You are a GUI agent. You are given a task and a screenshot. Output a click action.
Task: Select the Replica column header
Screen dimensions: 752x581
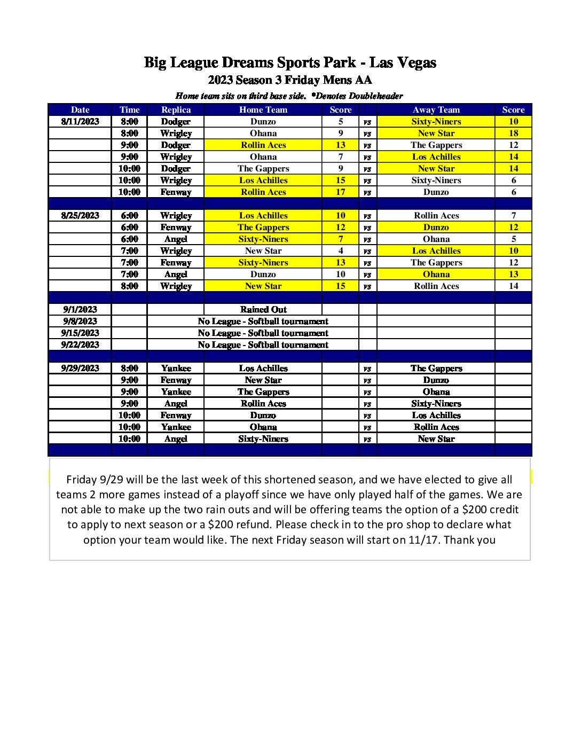click(x=176, y=109)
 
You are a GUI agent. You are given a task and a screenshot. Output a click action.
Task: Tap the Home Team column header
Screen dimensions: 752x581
click(x=263, y=109)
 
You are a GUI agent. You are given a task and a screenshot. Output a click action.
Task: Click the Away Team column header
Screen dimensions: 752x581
click(x=436, y=109)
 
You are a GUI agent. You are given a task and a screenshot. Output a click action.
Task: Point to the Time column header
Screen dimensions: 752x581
click(x=129, y=109)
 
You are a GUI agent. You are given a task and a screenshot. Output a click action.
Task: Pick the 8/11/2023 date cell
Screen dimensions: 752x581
click(x=80, y=121)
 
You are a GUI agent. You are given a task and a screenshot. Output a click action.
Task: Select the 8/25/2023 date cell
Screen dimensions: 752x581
click(x=80, y=215)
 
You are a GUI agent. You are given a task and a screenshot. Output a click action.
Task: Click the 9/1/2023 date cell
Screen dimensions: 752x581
click(x=80, y=309)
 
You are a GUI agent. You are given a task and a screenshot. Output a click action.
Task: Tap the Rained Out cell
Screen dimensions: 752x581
click(x=263, y=309)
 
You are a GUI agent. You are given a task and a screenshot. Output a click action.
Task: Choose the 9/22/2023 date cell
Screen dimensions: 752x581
click(x=80, y=344)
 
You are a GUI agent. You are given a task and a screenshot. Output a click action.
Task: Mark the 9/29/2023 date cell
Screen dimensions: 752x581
click(x=80, y=368)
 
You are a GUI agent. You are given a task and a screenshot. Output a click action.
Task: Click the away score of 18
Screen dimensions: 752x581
click(x=513, y=133)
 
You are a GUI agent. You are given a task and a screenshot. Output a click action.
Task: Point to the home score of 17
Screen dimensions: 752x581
click(x=341, y=192)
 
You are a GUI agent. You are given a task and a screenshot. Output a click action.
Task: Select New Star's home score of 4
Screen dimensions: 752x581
click(x=341, y=250)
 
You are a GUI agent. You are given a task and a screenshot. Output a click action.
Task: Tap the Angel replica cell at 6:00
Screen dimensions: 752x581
click(x=176, y=239)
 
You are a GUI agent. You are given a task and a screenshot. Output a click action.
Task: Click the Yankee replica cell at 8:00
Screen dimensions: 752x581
click(x=176, y=368)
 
